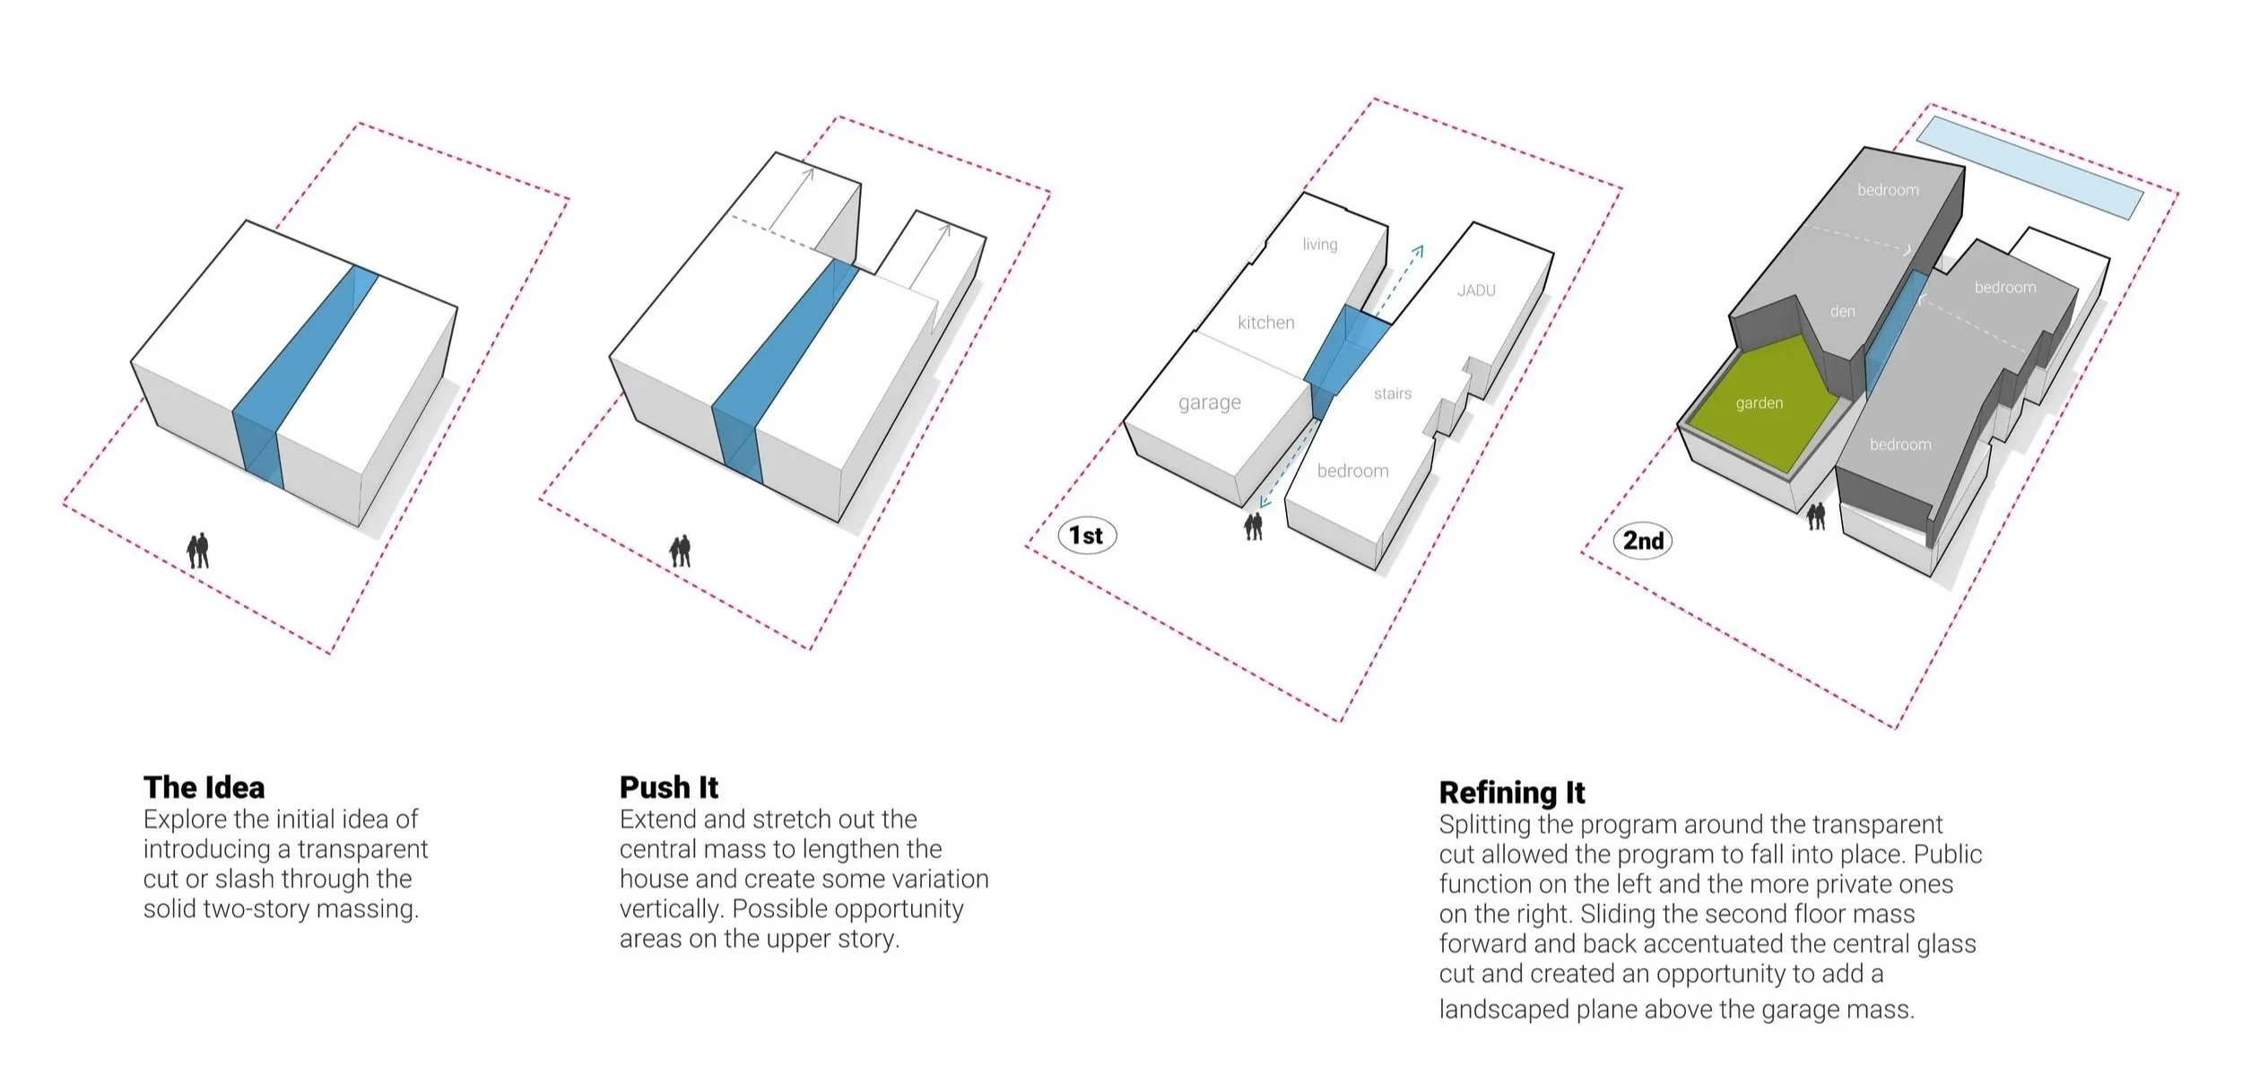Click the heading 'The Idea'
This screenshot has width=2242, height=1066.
(204, 787)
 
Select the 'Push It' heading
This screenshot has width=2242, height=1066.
(668, 787)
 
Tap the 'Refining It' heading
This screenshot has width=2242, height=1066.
(1511, 793)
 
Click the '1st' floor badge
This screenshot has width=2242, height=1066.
(1086, 535)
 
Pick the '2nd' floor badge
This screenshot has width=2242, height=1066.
(1643, 541)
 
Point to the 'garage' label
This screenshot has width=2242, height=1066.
(1209, 403)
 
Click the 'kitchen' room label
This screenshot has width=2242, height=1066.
(1265, 323)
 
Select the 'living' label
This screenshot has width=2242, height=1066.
(1319, 244)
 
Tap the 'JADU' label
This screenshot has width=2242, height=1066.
(1476, 290)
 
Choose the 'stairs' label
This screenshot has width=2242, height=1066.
(1392, 394)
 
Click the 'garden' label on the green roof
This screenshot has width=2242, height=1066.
(1759, 403)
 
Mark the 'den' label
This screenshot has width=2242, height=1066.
(1842, 312)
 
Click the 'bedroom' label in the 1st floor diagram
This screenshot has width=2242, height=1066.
(1352, 471)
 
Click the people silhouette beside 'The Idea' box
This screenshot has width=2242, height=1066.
(198, 550)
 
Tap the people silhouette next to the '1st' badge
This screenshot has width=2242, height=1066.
(1254, 526)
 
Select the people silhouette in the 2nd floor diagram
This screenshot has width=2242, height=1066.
(1816, 516)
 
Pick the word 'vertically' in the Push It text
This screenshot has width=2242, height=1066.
(671, 909)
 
